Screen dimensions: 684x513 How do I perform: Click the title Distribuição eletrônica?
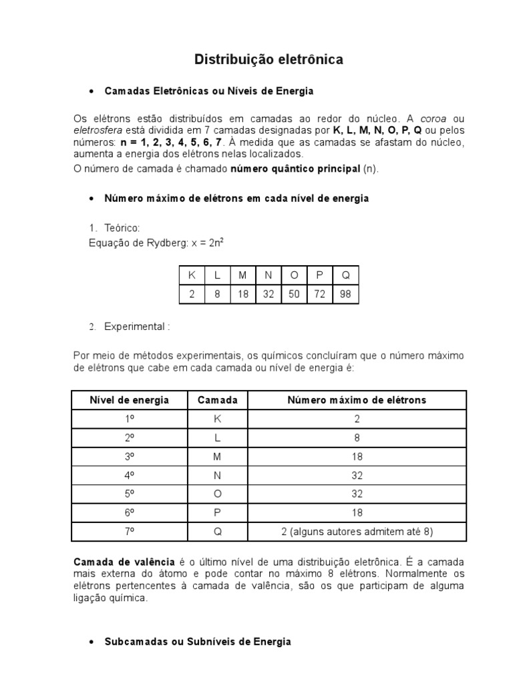269,60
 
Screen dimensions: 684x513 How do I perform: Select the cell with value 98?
345,294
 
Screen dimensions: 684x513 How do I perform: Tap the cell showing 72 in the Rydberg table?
319,294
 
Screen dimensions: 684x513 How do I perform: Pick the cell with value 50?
294,294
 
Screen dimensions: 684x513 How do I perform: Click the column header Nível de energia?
130,400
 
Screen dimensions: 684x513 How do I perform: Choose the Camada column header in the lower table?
217,400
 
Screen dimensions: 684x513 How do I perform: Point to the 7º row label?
130,532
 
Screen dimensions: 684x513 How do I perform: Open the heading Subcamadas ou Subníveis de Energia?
198,641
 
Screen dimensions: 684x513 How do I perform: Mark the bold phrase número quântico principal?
295,169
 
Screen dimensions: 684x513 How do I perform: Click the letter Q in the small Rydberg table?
345,275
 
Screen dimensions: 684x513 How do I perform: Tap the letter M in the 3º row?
217,456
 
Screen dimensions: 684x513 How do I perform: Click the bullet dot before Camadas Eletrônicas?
91,91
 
